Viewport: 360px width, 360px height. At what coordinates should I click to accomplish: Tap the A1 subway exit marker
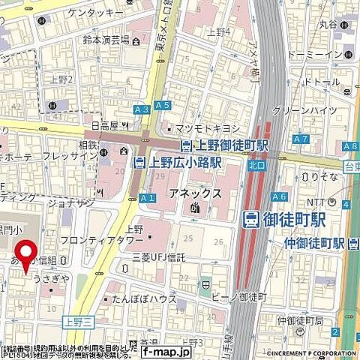coord(147,198)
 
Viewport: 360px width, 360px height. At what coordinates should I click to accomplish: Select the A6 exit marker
coord(280,196)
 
